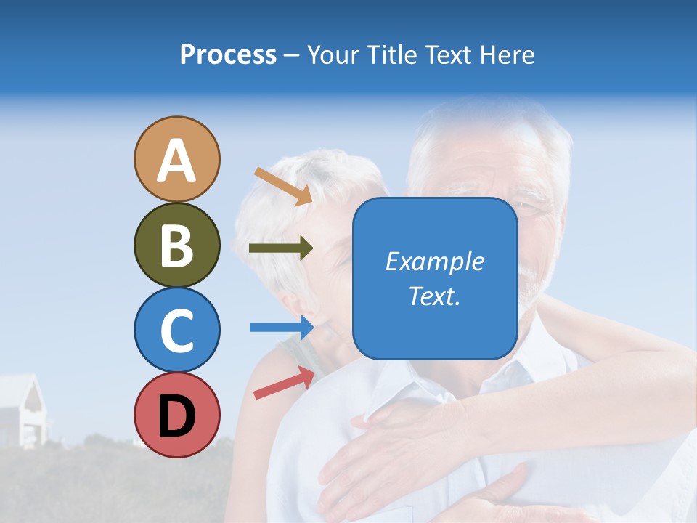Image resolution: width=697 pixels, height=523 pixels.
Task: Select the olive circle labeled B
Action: pyautogui.click(x=176, y=245)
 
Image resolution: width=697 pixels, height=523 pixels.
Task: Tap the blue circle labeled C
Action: pyautogui.click(x=176, y=330)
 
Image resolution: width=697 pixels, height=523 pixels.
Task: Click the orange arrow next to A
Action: pyautogui.click(x=283, y=186)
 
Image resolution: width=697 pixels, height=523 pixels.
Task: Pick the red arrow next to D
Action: pyautogui.click(x=284, y=383)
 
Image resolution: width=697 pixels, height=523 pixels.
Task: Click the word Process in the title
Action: pyautogui.click(x=228, y=55)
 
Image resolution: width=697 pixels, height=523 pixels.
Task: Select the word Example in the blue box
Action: pyautogui.click(x=434, y=261)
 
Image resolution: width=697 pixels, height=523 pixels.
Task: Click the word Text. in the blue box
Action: pyautogui.click(x=434, y=296)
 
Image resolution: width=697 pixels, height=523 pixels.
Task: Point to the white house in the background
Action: pyautogui.click(x=22, y=410)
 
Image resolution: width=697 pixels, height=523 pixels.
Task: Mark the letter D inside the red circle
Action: pyautogui.click(x=176, y=416)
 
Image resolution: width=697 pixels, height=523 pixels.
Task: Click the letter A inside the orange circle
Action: pyautogui.click(x=176, y=161)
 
